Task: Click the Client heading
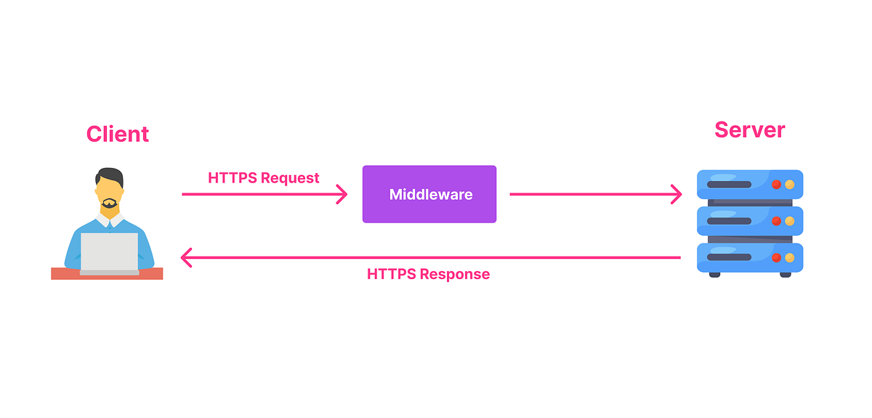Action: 118,134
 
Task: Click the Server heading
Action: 750,130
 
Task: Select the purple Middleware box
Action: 429,194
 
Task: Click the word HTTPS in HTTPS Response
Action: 391,275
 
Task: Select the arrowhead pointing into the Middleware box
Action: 343,194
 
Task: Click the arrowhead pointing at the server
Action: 677,194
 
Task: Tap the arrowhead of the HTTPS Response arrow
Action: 186,257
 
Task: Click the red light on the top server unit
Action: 776,185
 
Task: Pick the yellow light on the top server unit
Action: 789,185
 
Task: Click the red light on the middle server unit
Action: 776,221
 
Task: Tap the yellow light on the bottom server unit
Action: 789,257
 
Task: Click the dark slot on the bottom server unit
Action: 729,257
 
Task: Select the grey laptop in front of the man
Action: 109,252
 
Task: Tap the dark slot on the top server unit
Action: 729,185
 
